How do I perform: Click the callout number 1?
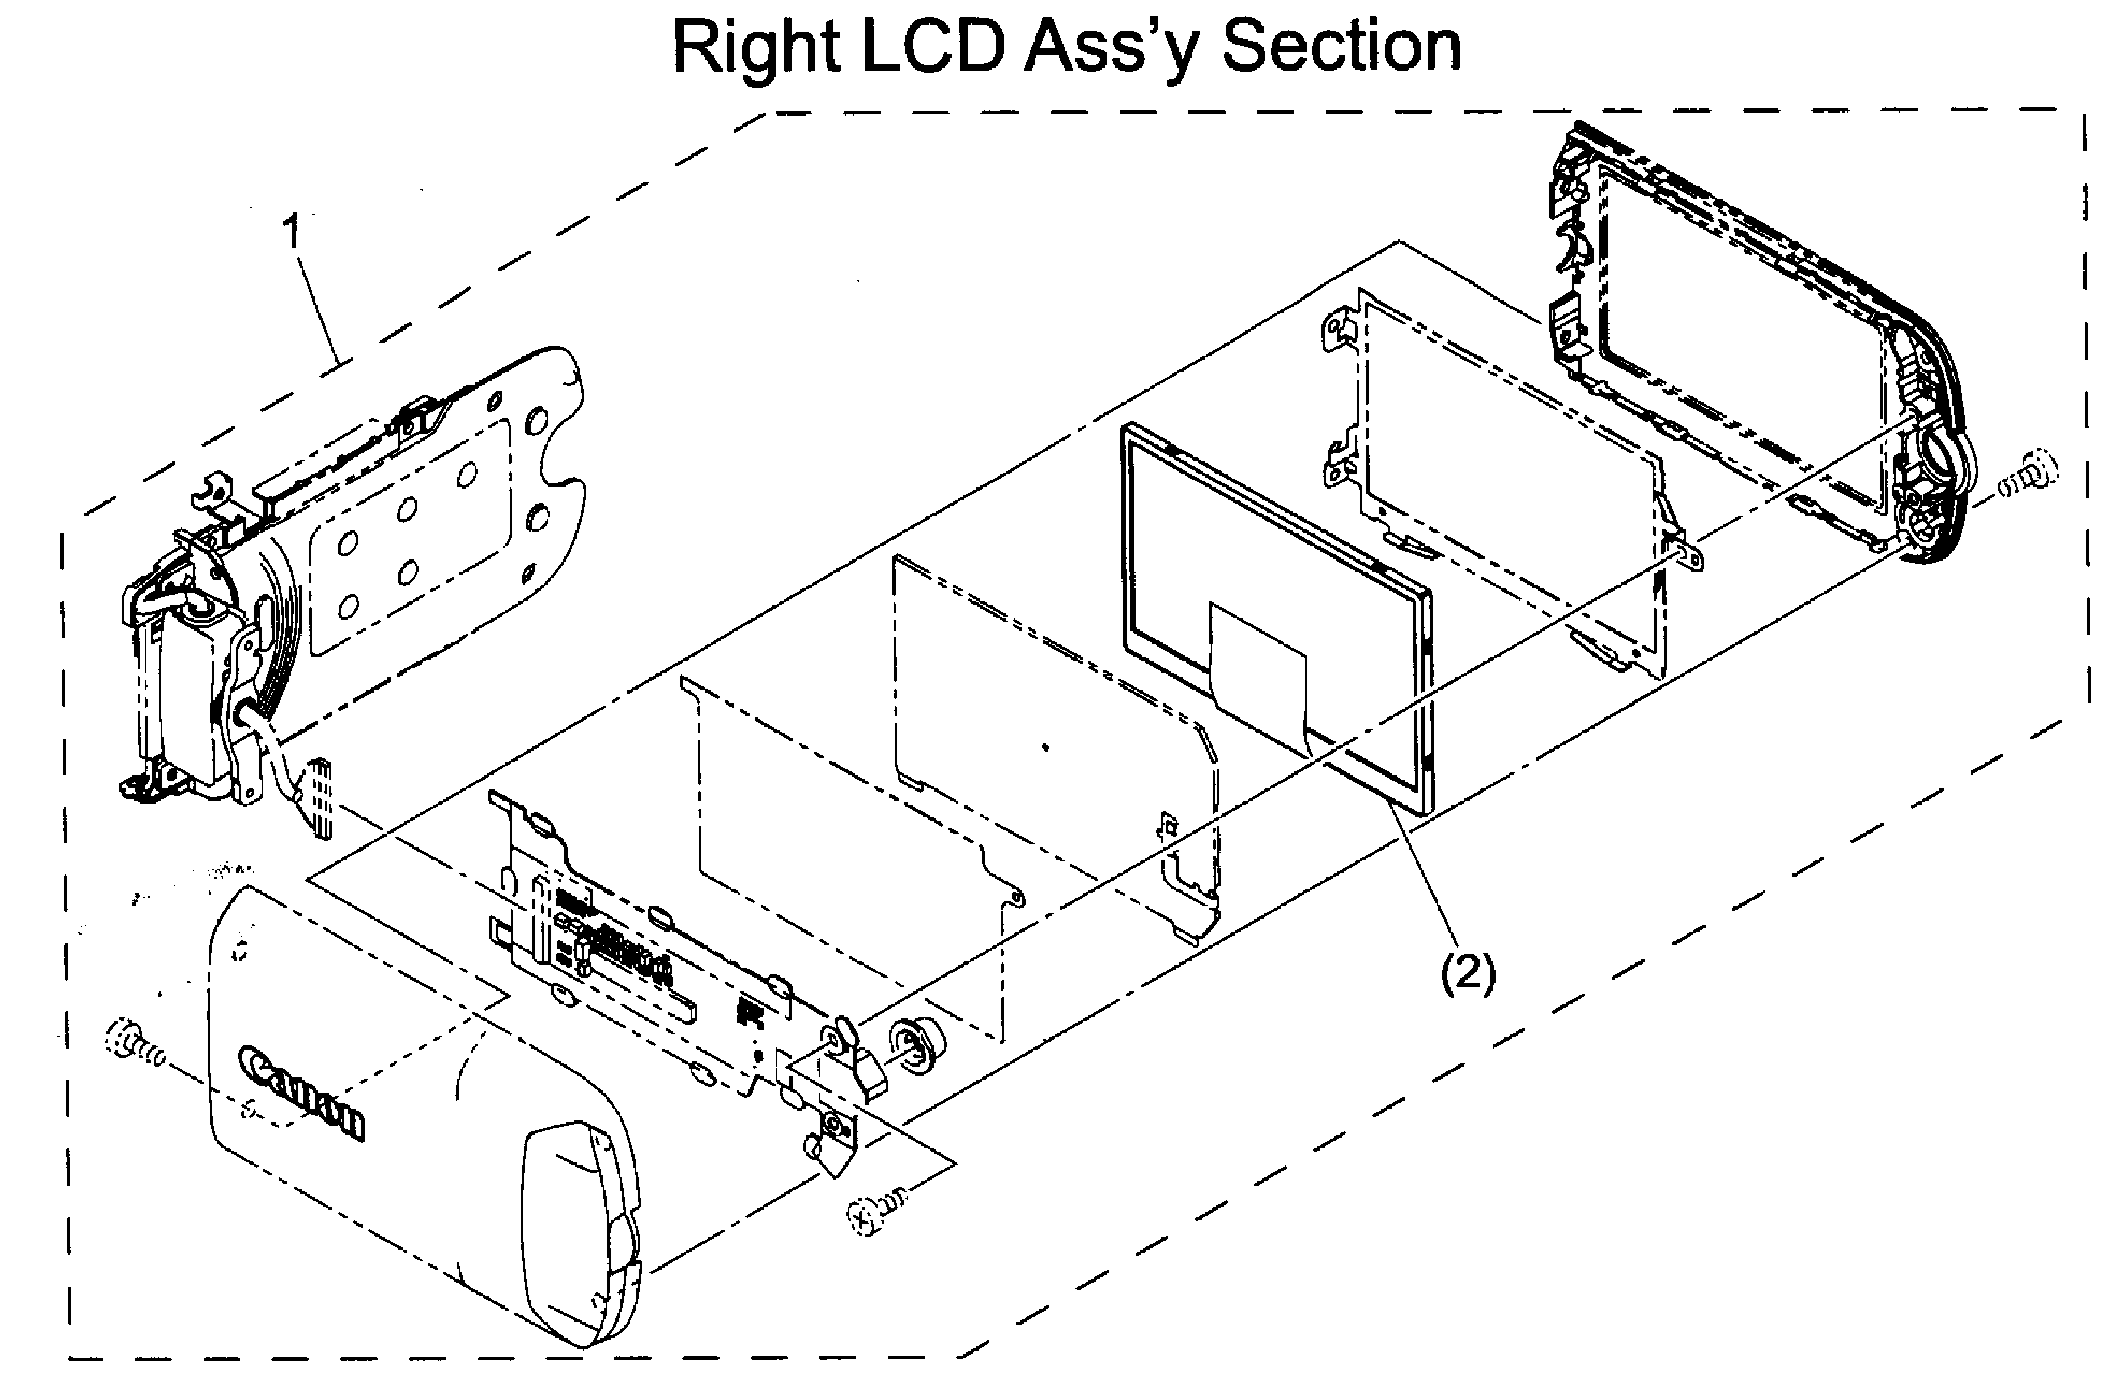pos(292,232)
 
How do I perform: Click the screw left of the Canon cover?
pos(134,1043)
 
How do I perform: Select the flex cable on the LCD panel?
pos(1257,660)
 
